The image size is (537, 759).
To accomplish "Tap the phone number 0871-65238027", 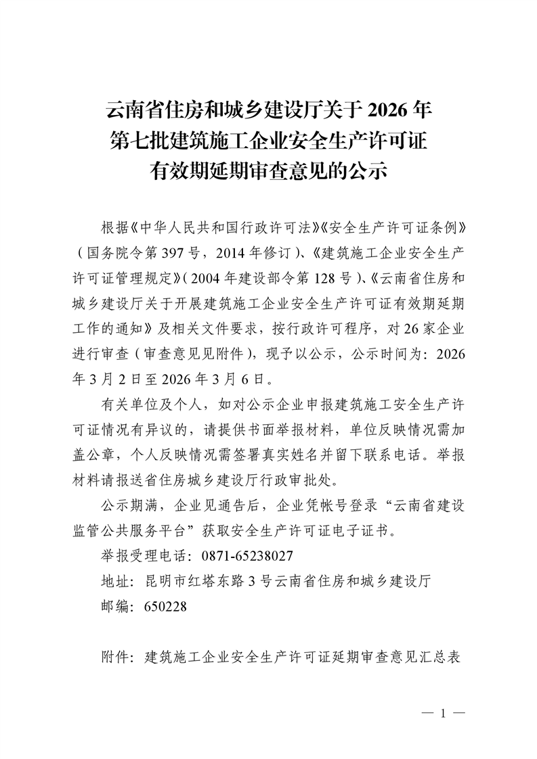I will (x=247, y=555).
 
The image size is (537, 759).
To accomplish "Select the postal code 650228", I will (x=166, y=607).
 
